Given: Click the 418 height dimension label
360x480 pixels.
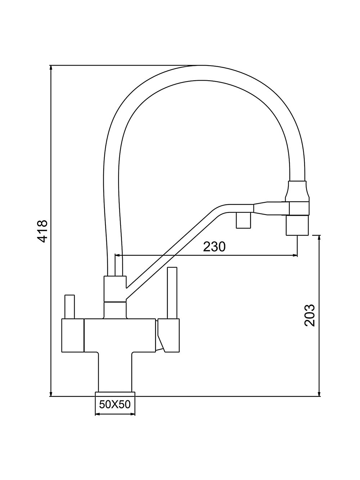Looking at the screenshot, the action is [x=42, y=231].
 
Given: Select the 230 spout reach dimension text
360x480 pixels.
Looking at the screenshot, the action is [x=214, y=247].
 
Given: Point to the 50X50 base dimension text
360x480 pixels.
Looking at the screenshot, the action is [x=115, y=404].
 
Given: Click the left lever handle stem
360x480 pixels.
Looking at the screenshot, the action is [x=69, y=307].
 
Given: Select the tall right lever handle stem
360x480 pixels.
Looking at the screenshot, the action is [x=172, y=293].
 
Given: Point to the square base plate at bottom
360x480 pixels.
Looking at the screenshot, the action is [x=115, y=394].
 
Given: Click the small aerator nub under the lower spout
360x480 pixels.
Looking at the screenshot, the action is [x=243, y=220].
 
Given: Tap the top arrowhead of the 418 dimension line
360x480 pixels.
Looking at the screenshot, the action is [x=51, y=68].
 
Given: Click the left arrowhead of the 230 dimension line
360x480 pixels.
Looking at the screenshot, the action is [x=118, y=255].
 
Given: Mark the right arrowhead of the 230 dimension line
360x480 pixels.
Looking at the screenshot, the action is [x=294, y=255].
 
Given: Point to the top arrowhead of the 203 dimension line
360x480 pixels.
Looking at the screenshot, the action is [x=320, y=238].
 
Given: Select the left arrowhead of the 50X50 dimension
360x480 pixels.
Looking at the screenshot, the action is [x=98, y=414].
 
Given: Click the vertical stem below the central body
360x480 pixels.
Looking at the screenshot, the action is [x=115, y=372].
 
